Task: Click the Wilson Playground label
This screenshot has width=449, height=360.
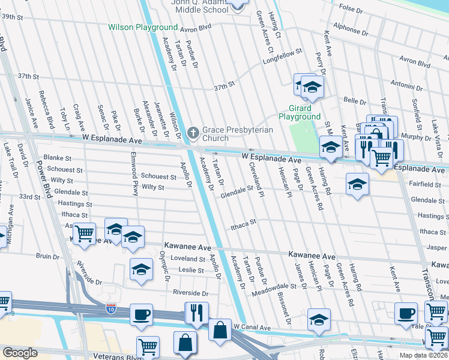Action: [x=143, y=28]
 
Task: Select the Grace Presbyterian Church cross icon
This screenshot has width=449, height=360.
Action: [x=193, y=132]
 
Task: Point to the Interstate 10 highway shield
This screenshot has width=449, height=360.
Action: [x=111, y=308]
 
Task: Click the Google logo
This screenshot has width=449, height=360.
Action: [x=20, y=353]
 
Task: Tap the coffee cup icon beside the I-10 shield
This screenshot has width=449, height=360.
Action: [x=141, y=314]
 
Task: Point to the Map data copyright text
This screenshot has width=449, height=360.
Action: [x=425, y=355]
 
